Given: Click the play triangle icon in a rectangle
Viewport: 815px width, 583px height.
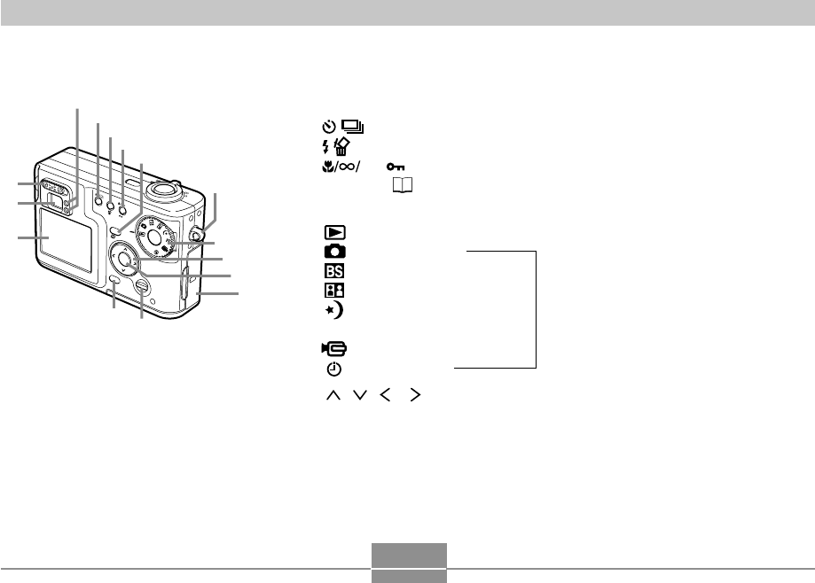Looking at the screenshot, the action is (x=334, y=233).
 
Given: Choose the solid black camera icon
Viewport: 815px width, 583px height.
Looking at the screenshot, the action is (x=334, y=252).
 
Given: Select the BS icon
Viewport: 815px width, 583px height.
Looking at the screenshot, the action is (x=334, y=270).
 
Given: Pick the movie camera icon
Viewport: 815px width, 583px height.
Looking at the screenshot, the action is (x=334, y=349).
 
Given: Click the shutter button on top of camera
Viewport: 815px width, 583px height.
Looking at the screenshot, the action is (x=161, y=188).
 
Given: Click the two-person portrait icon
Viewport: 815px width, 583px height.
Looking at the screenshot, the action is (x=334, y=289).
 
